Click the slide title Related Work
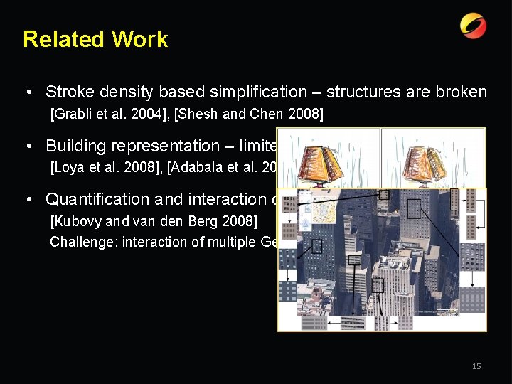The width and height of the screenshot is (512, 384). click(x=95, y=39)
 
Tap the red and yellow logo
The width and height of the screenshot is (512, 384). click(x=473, y=26)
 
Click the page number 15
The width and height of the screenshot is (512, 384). click(x=476, y=366)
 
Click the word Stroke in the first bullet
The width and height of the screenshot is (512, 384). click(x=67, y=92)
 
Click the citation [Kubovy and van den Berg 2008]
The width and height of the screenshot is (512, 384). click(x=154, y=221)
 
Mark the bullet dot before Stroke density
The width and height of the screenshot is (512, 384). click(x=26, y=92)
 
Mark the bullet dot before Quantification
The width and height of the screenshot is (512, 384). click(x=26, y=200)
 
